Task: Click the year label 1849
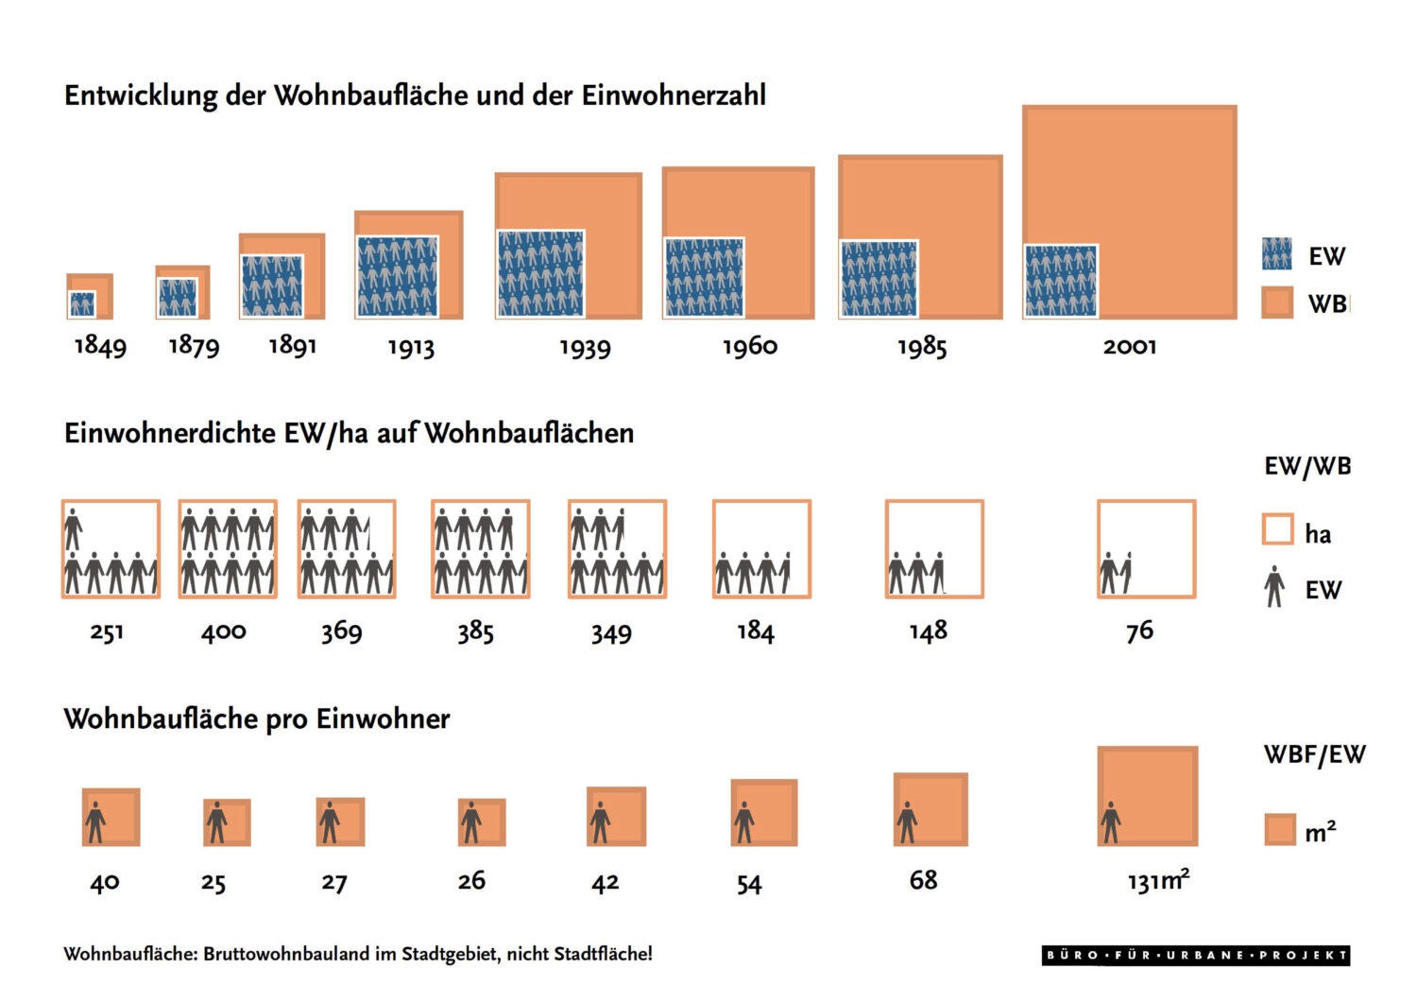(x=100, y=346)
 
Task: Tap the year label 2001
(x=1129, y=346)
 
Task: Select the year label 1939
(x=585, y=347)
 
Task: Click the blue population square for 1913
(x=398, y=276)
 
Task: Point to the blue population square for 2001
(x=1061, y=281)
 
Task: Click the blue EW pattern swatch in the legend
(x=1276, y=254)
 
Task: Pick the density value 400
(x=223, y=631)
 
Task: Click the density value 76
(x=1139, y=631)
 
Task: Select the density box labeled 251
(x=111, y=549)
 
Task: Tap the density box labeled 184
(x=761, y=549)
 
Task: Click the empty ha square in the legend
(x=1277, y=529)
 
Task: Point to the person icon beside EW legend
(x=1274, y=587)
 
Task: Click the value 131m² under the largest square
(x=1158, y=881)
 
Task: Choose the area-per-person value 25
(x=213, y=883)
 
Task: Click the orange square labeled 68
(x=930, y=809)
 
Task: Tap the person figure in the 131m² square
(x=1111, y=822)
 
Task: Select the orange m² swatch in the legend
(x=1279, y=829)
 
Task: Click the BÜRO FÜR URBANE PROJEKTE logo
(x=1196, y=955)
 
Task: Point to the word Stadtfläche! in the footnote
(x=603, y=954)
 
